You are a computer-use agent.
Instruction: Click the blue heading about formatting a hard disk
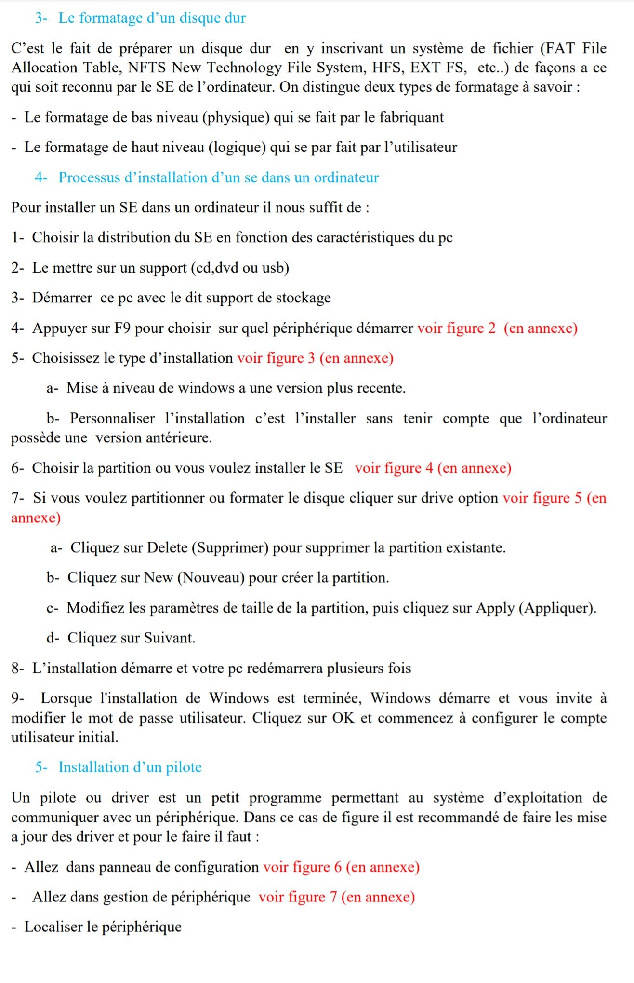152,18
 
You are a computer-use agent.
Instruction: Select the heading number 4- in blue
40,177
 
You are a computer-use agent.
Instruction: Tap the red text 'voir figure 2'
456,328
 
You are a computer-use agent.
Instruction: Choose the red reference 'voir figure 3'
276,358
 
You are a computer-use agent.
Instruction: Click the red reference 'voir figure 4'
394,468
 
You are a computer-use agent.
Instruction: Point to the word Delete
167,547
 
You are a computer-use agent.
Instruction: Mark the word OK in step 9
343,718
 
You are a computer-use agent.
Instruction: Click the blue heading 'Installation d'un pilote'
130,767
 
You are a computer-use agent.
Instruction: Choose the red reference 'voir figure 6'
302,867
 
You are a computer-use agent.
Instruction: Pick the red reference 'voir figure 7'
297,897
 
